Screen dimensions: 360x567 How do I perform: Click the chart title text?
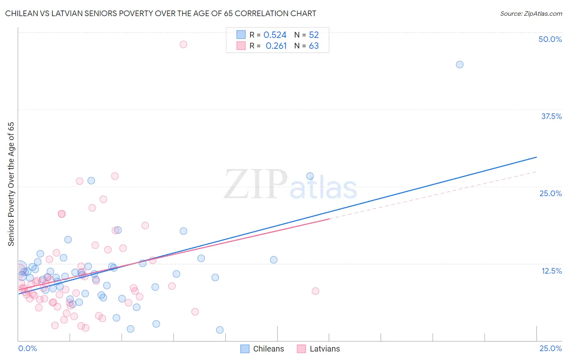click(161, 13)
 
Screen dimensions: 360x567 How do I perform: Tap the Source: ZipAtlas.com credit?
click(531, 13)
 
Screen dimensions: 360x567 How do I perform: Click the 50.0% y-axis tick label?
click(550, 39)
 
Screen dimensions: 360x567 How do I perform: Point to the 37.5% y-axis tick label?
click(551, 116)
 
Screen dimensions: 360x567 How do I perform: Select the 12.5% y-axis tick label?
click(551, 271)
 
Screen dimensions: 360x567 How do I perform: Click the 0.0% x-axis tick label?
click(27, 348)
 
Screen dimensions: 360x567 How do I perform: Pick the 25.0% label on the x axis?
click(550, 348)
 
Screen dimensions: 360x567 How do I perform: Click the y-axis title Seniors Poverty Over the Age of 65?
click(11, 184)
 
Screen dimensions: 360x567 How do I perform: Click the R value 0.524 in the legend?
click(275, 35)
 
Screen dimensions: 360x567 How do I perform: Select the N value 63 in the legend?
click(314, 46)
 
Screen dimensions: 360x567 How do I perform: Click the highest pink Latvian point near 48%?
click(183, 44)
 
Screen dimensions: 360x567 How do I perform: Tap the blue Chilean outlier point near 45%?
click(459, 65)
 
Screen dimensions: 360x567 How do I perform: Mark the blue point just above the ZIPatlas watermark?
click(310, 176)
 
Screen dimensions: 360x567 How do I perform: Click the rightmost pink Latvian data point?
click(315, 291)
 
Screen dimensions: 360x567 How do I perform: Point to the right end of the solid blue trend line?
click(536, 157)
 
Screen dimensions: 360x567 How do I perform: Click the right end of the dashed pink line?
click(536, 172)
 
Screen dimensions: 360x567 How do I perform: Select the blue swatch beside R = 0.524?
click(241, 35)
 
